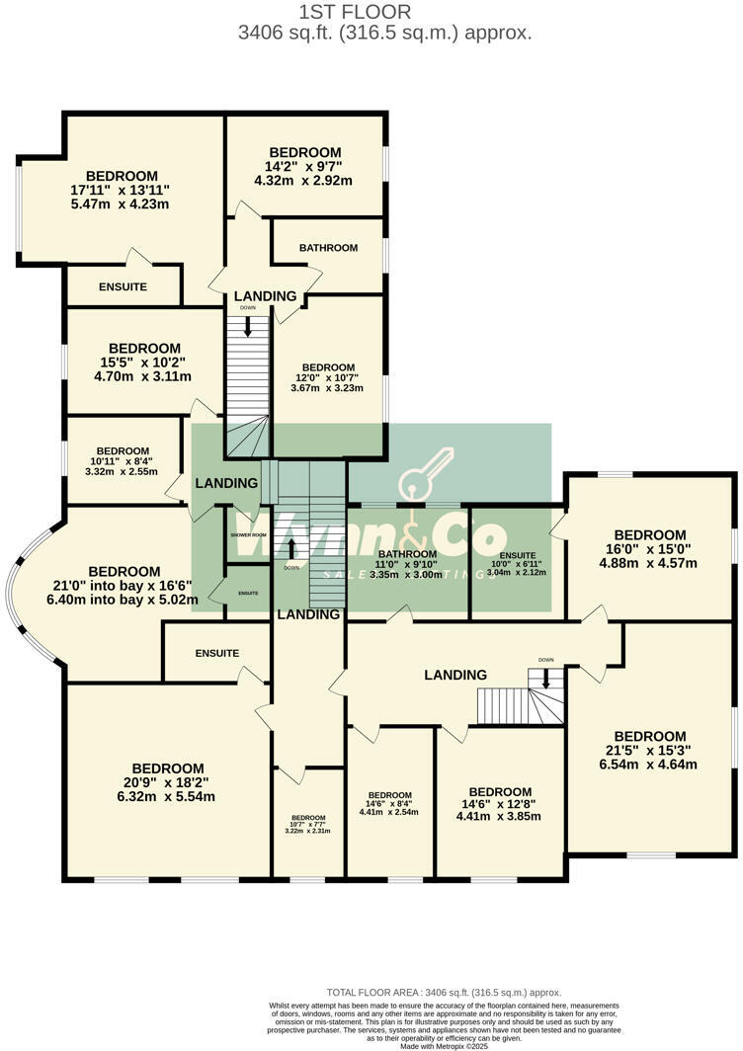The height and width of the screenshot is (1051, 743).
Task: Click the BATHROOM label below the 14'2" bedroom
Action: click(328, 248)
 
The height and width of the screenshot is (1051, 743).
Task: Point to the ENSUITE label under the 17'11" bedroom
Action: click(123, 286)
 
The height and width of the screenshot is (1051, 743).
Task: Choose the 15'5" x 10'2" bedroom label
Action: click(144, 362)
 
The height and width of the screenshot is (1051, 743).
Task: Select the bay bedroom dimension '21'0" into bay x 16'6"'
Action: click(124, 586)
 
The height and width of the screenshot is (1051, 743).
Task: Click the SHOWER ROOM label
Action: click(249, 534)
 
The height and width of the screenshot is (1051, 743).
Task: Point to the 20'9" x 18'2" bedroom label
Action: click(168, 782)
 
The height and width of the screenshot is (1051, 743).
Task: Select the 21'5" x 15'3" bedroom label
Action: click(650, 750)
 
